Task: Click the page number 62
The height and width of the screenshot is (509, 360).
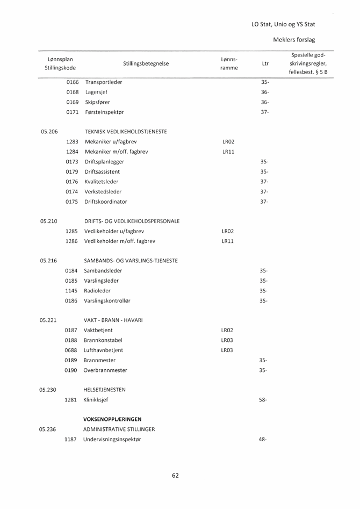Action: [x=175, y=475]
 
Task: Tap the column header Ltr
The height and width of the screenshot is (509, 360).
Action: [x=264, y=63]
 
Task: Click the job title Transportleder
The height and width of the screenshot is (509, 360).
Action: [x=103, y=82]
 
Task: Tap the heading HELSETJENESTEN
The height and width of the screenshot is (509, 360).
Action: [x=109, y=390]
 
